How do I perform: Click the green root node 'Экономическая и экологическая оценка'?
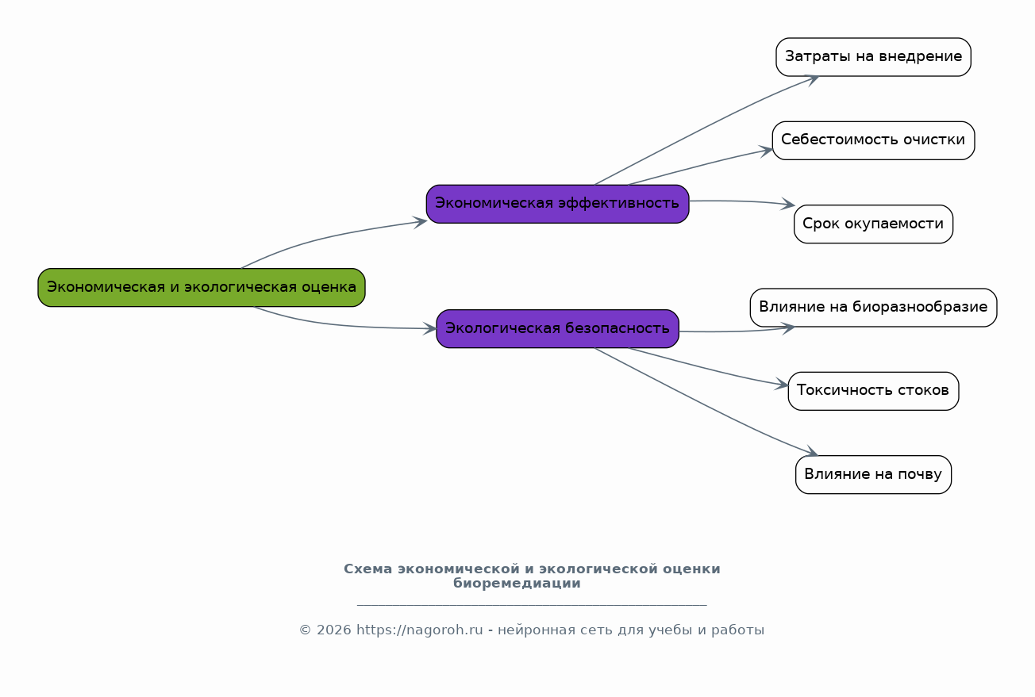pos(202,288)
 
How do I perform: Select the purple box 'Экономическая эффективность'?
pos(558,204)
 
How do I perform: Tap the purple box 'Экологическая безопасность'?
pos(558,328)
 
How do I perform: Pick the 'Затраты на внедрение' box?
pos(873,57)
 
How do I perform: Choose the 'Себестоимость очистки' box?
pos(873,141)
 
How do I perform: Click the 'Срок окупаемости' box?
pos(873,224)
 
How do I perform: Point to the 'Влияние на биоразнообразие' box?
pos(873,308)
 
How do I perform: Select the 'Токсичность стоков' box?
pos(873,392)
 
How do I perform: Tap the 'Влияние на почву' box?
pos(873,475)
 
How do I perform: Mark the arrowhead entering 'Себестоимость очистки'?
pos(767,151)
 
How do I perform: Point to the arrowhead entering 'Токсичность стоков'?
pos(782,384)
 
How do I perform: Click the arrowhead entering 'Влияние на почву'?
pos(811,451)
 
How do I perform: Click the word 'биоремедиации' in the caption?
pos(517,584)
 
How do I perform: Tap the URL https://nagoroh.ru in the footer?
pos(420,630)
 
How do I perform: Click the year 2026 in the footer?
pos(333,630)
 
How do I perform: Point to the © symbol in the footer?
pos(306,630)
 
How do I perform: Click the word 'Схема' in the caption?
pos(367,569)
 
